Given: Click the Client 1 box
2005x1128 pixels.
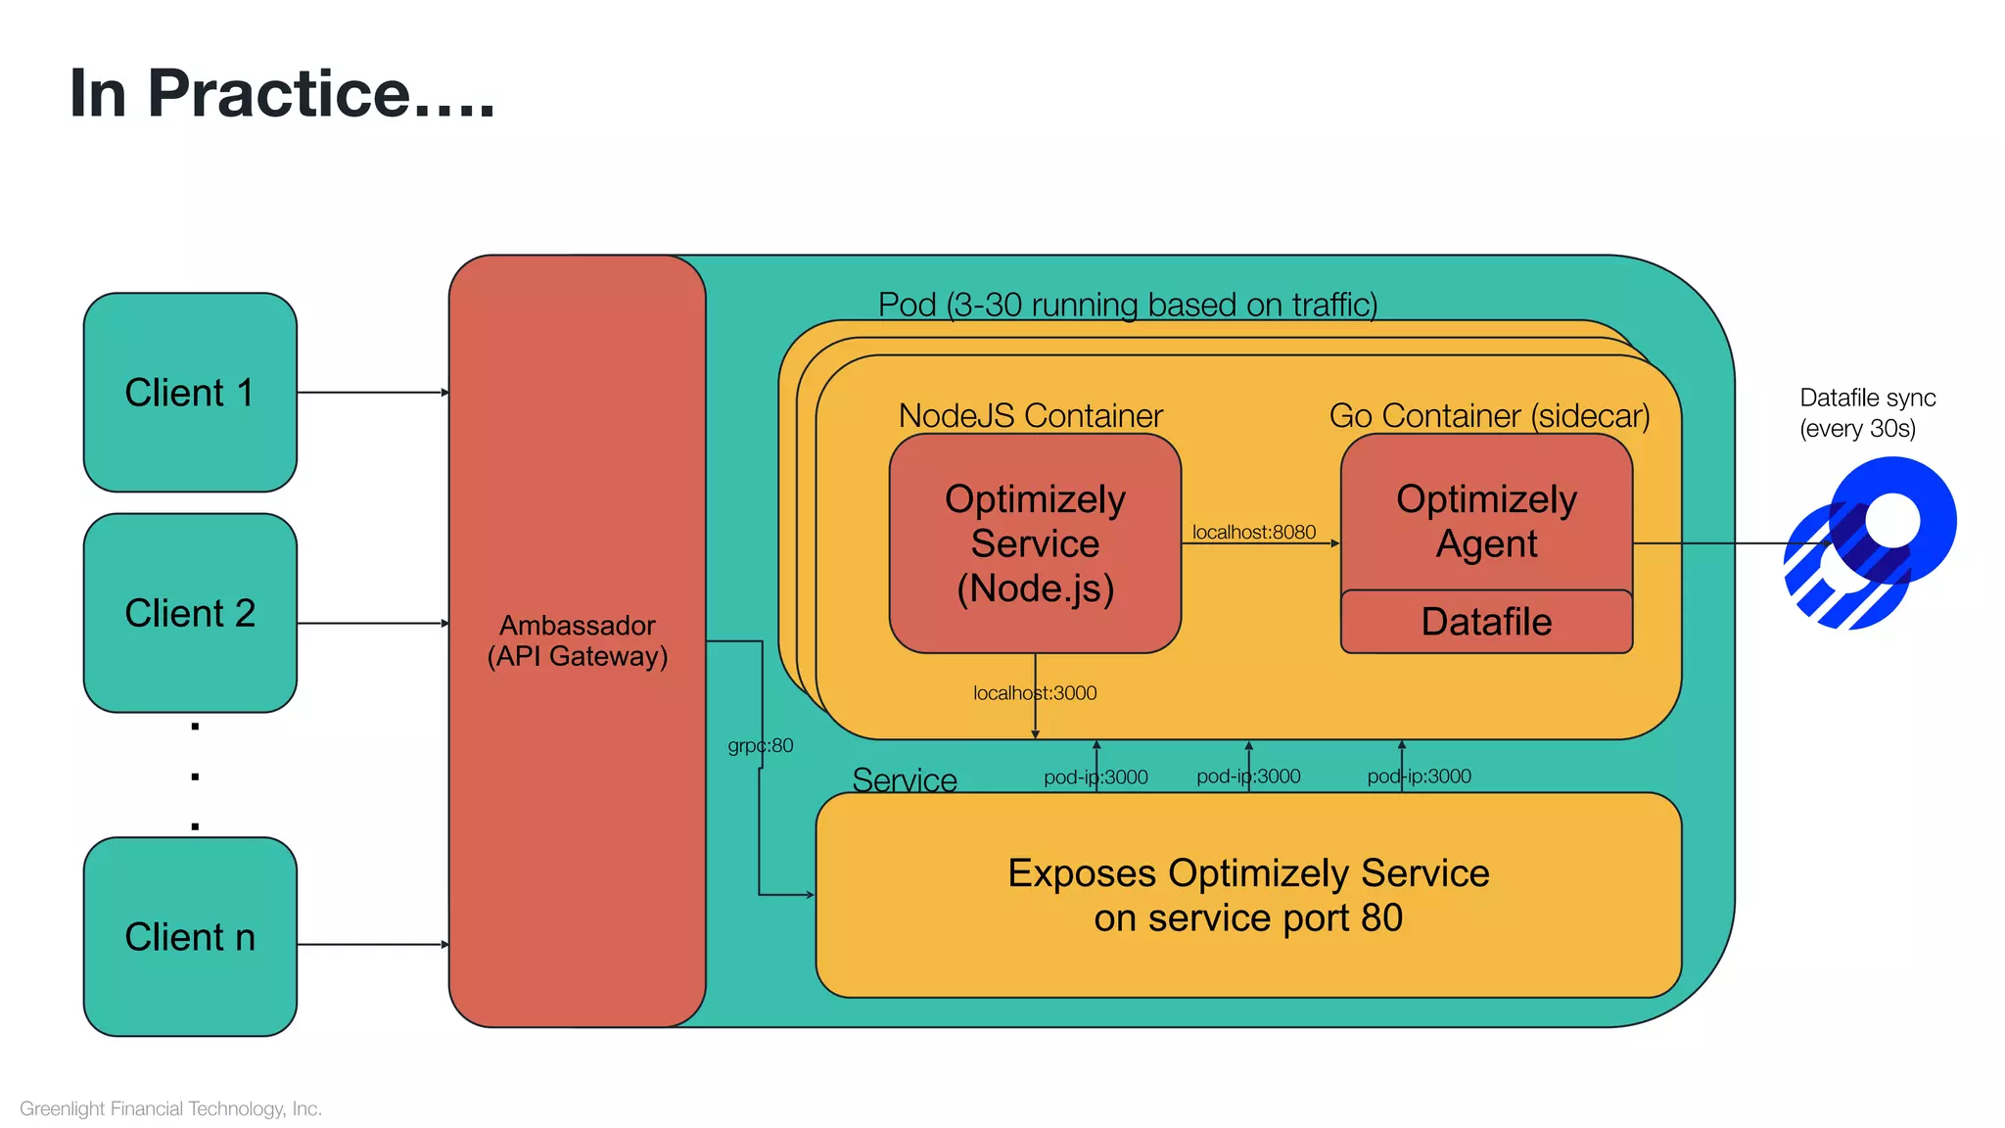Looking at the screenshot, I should coord(190,393).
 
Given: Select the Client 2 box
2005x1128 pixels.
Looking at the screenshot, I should coord(190,614).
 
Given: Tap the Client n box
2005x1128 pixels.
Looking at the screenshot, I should coord(190,937).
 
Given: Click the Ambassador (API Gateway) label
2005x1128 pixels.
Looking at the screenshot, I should coord(578,640).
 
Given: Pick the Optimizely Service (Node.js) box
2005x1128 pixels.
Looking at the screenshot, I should coord(1035,543).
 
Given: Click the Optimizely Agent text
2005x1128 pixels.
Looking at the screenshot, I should coord(1486,521).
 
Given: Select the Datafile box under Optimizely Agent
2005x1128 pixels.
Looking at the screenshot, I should coord(1486,622).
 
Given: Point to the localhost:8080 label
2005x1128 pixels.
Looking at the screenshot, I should coord(1254,532).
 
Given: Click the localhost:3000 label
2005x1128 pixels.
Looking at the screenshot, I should coord(1035,693).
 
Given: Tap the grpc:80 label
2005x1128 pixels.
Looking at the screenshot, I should coord(761,746).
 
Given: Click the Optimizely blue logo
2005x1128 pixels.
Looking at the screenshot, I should coord(1870,544).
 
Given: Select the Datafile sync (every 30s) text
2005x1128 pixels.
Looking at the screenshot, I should coord(1866,413).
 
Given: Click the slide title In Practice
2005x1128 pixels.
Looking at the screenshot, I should coord(282,94).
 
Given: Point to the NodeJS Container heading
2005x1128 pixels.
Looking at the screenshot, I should coord(1030,415).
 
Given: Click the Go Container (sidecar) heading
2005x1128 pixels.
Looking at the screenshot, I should coord(1489,415).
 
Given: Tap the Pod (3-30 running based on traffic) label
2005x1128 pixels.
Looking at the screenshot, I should coord(1127,305).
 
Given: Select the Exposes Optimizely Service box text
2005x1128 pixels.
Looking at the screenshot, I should coord(1248,895).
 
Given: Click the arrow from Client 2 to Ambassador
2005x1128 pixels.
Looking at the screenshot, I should coord(372,623).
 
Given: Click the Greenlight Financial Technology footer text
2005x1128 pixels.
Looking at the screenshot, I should coord(170,1108).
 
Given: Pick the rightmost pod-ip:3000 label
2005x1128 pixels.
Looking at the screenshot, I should coord(1419,776).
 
